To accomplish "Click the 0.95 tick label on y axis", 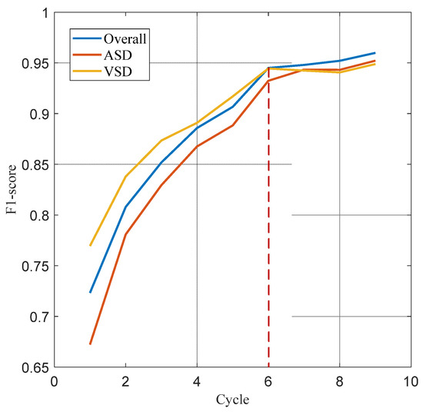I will tap(32, 64).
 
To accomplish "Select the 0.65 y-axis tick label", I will tap(32, 367).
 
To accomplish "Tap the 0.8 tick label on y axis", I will tap(36, 216).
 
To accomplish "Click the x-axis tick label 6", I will tap(268, 381).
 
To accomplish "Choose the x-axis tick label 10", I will tap(411, 381).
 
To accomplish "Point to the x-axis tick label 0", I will tap(54, 381).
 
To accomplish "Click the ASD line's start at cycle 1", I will tap(90, 344).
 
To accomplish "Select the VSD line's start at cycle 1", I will tap(90, 246).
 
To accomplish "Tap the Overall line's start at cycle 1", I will tap(90, 293).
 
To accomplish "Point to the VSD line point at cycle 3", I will tap(161, 141).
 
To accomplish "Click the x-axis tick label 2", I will tap(125, 381).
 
